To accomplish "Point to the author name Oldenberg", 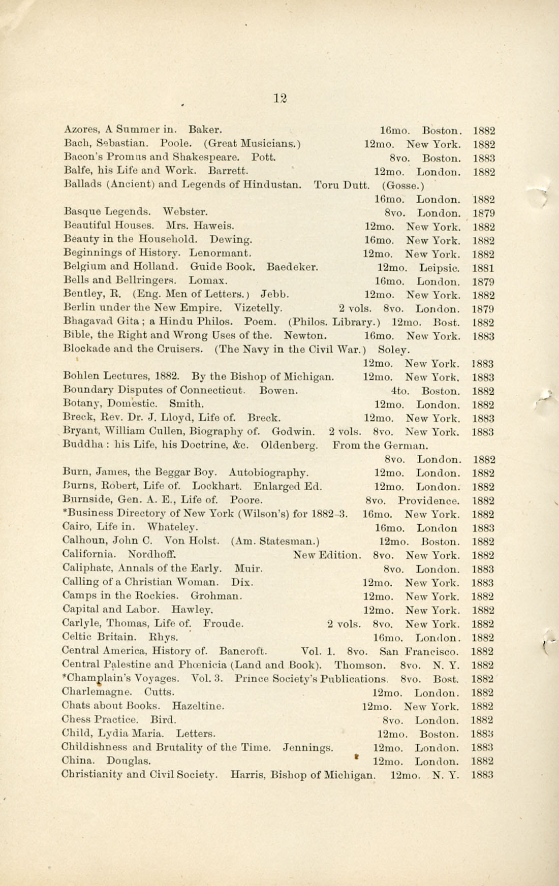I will coord(289,446).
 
